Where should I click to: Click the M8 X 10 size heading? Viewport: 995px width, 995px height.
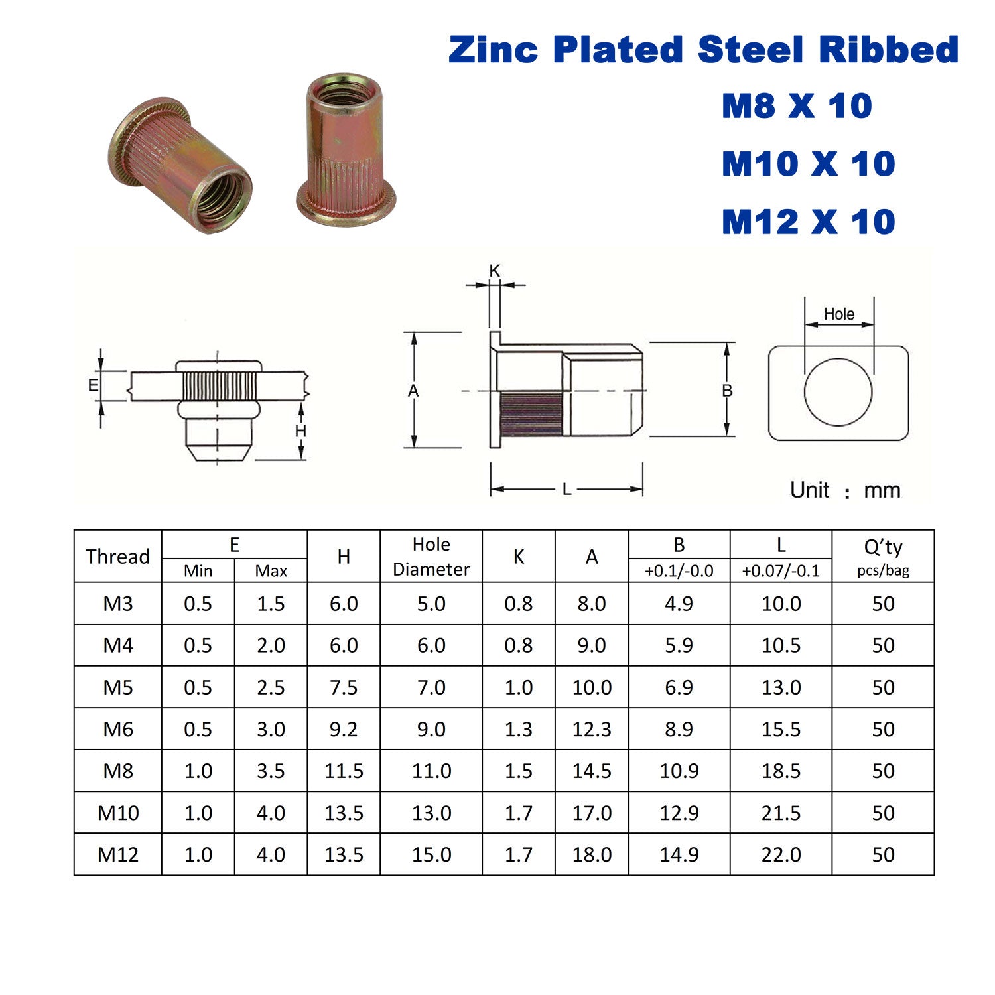tap(797, 106)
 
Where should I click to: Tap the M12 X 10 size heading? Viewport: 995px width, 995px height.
tap(809, 222)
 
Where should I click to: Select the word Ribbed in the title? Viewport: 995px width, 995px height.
tap(889, 50)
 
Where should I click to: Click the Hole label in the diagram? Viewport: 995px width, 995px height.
tap(839, 314)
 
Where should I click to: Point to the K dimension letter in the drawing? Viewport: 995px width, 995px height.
tap(494, 271)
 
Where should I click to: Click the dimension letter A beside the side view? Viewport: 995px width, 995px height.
tap(413, 391)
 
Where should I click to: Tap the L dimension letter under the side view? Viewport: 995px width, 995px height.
tap(566, 490)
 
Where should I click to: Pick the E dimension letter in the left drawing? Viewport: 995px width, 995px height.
tap(93, 385)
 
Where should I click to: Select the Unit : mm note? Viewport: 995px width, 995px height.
tap(845, 490)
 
